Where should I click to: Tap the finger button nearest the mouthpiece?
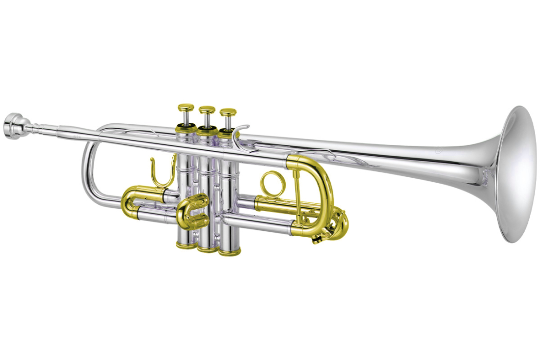click(186, 108)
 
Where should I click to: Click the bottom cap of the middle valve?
click(207, 248)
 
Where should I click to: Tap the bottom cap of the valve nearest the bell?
click(229, 251)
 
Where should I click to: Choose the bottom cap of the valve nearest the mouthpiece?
click(186, 244)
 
